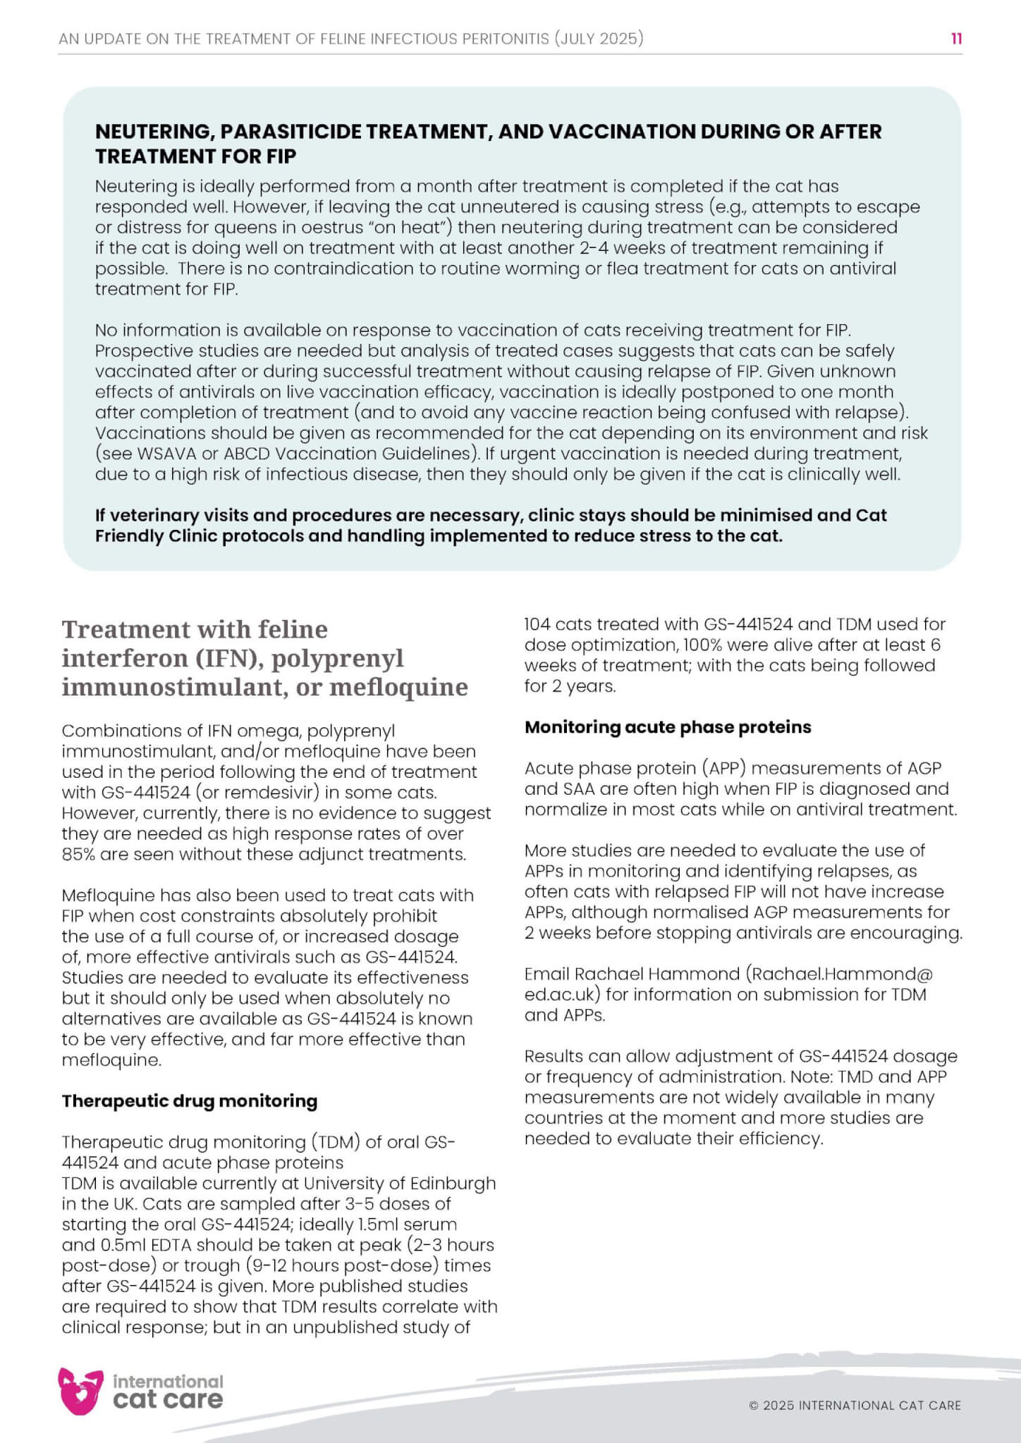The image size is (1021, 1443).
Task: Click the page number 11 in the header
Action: (956, 38)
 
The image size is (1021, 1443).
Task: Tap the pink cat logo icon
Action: (80, 1390)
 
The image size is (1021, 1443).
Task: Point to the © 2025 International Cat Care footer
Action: (855, 1405)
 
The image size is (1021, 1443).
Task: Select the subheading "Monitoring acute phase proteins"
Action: (668, 727)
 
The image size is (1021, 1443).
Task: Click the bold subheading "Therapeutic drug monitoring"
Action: (190, 1101)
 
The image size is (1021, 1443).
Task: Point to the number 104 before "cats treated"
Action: (538, 624)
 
